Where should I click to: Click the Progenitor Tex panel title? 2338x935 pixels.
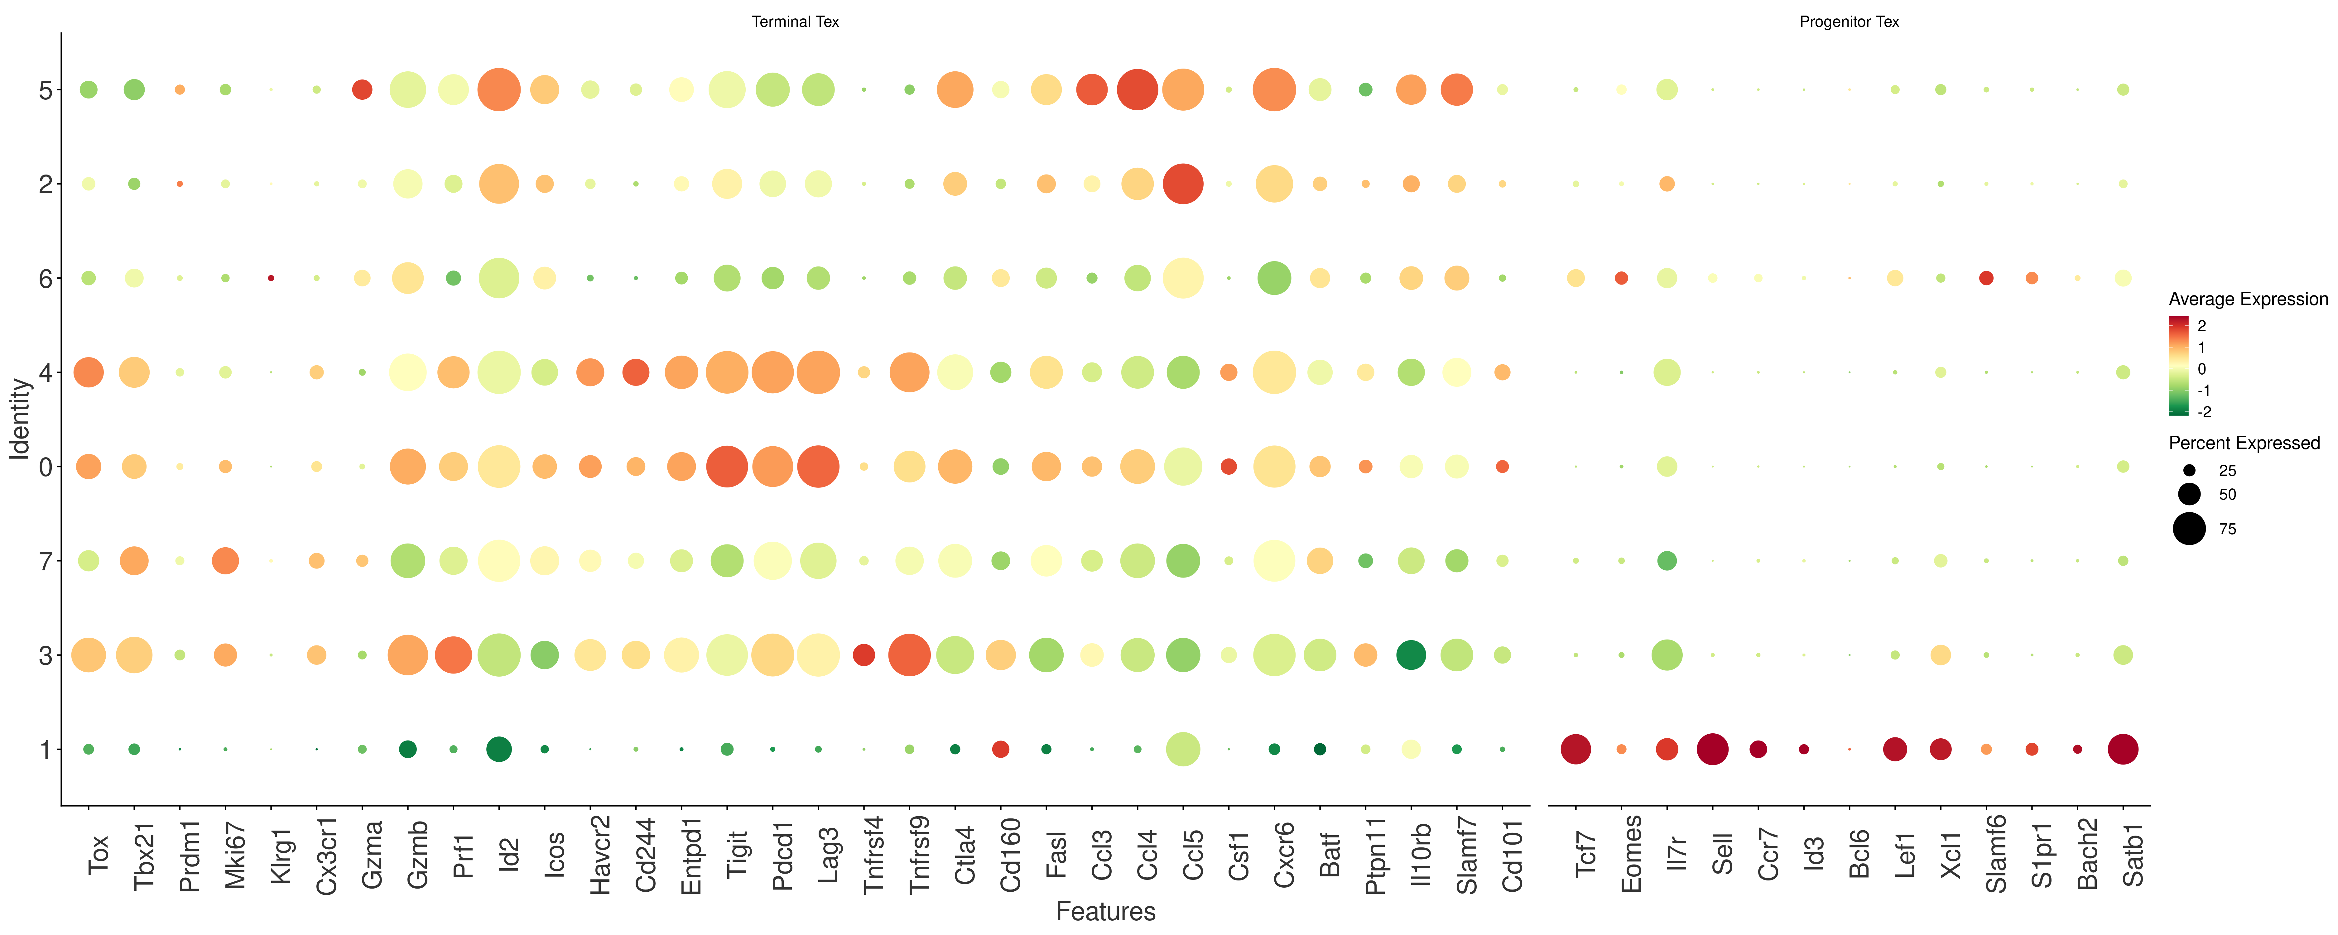tap(1849, 22)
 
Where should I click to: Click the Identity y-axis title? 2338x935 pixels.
tap(20, 420)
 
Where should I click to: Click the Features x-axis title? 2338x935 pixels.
tap(1105, 911)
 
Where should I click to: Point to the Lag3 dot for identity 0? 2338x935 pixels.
tap(819, 467)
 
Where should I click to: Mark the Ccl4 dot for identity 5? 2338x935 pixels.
tap(1137, 90)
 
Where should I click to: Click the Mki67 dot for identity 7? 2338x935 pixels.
tap(225, 561)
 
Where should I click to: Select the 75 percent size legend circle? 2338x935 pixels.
tap(2189, 528)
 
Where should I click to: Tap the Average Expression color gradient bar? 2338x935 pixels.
tap(2178, 366)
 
